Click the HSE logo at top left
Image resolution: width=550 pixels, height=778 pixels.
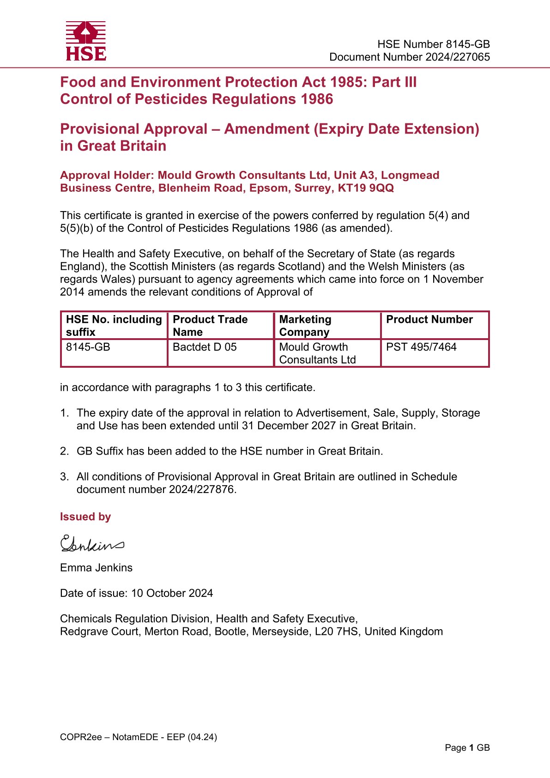click(x=86, y=41)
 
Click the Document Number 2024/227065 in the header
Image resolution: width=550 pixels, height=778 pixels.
click(x=409, y=57)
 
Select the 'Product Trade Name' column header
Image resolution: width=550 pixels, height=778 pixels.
click(x=210, y=325)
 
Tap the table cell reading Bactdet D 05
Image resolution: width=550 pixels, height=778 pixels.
click(x=205, y=347)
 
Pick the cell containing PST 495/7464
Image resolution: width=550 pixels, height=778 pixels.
click(x=421, y=347)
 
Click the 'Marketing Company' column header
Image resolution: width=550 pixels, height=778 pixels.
click(x=305, y=325)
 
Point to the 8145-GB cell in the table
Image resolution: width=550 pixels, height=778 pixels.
click(x=88, y=347)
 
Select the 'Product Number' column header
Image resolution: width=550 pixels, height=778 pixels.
click(x=429, y=319)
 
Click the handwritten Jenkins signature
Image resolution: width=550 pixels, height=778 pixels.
click(x=92, y=544)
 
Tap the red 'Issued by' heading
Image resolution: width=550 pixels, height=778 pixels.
click(x=85, y=517)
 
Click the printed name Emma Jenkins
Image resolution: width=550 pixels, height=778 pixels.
click(x=96, y=567)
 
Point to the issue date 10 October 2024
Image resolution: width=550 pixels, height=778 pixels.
click(x=172, y=593)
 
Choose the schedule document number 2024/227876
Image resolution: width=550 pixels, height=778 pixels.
click(x=201, y=489)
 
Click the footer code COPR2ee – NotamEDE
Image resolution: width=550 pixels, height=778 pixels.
click(x=138, y=737)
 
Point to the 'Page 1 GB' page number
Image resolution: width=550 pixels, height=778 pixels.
click(x=467, y=748)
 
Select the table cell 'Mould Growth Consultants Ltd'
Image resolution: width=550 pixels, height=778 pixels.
click(x=317, y=353)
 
